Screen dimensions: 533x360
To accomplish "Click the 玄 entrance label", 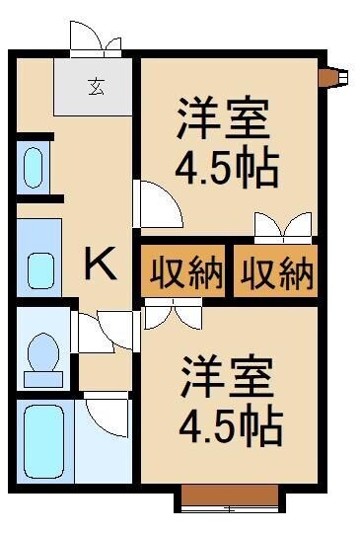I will (x=97, y=85).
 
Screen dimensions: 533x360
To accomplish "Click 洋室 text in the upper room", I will (x=223, y=120).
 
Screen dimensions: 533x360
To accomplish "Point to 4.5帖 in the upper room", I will (x=227, y=168).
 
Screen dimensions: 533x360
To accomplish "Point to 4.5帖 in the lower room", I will (x=229, y=427).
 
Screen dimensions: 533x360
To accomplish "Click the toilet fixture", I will (x=43, y=358).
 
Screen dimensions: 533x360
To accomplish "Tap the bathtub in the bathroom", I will (x=42, y=441).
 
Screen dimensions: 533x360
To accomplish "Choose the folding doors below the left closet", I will (x=173, y=315).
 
